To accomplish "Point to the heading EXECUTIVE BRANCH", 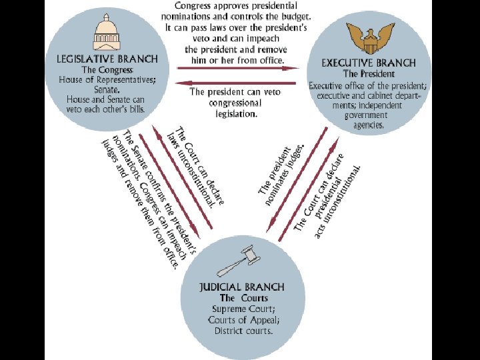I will [369, 63].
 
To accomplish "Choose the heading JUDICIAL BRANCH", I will [242, 287].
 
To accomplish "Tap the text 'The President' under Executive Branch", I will [369, 73].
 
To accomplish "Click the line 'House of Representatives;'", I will [107, 80].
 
